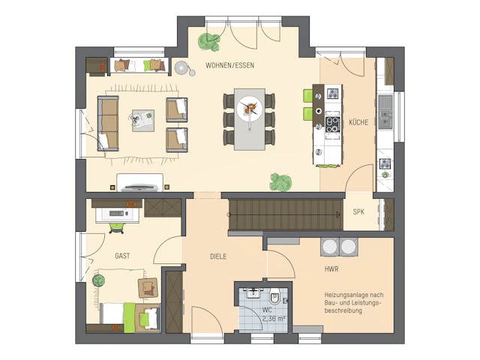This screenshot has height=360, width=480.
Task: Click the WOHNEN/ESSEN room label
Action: tap(229, 65)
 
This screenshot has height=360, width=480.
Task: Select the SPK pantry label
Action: tap(358, 212)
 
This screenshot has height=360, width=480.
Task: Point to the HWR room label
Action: tap(331, 268)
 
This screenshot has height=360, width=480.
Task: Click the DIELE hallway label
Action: tap(217, 256)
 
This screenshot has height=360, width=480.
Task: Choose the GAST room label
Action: tap(122, 256)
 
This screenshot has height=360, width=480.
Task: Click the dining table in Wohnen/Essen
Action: tap(250, 118)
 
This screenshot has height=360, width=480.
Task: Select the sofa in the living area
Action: tap(108, 123)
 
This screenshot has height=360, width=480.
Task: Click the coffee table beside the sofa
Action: tap(142, 119)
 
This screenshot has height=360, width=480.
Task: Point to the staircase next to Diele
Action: tap(285, 214)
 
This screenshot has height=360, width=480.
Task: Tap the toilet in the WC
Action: tap(274, 298)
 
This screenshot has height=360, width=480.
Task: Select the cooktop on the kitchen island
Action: tap(331, 124)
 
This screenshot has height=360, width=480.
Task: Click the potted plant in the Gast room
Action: tap(98, 280)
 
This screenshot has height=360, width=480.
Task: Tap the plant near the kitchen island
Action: tap(280, 181)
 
